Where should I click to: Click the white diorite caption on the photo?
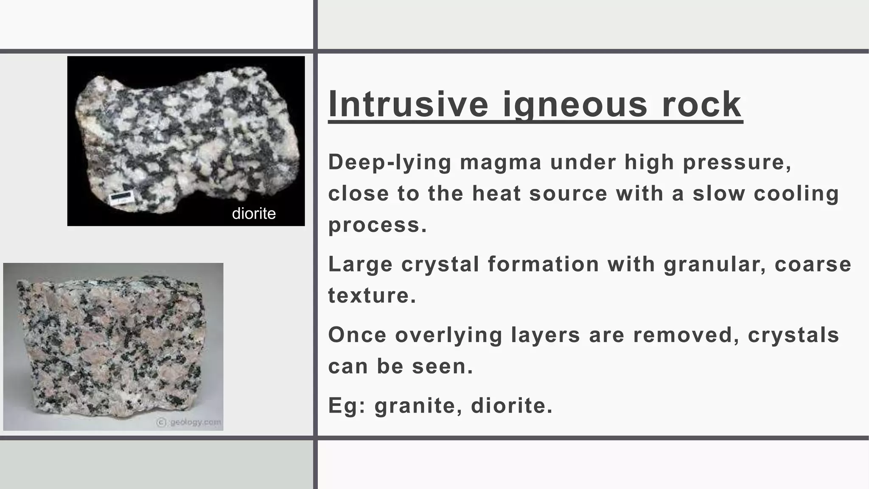(254, 213)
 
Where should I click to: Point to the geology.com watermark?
(189, 422)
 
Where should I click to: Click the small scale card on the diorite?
(121, 198)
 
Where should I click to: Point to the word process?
(377, 225)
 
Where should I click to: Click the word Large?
(360, 264)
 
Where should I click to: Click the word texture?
(372, 295)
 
